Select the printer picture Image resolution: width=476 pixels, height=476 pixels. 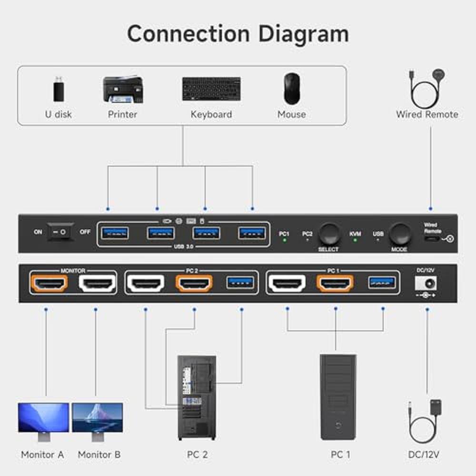coord(122,89)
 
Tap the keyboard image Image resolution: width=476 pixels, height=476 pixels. coord(211,89)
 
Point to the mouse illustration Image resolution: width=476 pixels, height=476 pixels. coord(291,89)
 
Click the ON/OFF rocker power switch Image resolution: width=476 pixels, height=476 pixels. coord(61,232)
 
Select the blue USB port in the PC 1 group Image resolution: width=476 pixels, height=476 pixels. coord(382,282)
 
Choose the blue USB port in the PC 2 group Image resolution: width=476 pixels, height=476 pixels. coord(241,282)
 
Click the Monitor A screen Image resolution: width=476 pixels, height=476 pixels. coord(43,417)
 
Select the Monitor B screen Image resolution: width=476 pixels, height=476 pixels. coord(97,417)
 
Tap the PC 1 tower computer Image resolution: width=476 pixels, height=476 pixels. coord(337,397)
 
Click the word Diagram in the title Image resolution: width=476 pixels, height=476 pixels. coord(303,34)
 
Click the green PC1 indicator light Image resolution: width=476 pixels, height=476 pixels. coord(284,240)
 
